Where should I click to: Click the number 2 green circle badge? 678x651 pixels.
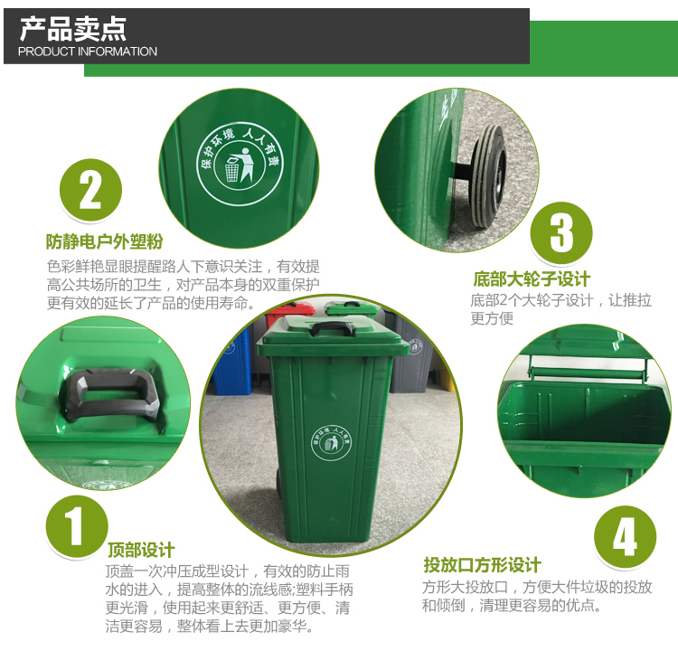click(90, 190)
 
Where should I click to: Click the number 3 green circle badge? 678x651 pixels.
click(561, 232)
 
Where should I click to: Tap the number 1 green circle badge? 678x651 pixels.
click(77, 526)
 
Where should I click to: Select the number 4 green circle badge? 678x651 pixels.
click(625, 537)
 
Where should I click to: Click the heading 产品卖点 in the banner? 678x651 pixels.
click(73, 29)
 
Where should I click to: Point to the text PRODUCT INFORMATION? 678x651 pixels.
click(88, 52)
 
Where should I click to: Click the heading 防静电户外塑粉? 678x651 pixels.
click(104, 241)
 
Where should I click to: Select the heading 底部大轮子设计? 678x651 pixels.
click(532, 279)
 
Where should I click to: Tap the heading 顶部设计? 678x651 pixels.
click(141, 551)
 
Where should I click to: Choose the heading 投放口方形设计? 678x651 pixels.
click(482, 565)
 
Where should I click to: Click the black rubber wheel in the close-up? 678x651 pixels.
click(487, 175)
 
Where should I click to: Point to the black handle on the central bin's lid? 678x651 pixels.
click(332, 328)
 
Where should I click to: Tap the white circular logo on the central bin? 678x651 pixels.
click(331, 443)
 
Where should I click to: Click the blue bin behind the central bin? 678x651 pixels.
click(233, 361)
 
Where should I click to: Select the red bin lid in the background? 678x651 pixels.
click(290, 308)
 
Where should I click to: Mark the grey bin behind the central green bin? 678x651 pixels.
click(410, 354)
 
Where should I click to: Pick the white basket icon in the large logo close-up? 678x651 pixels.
click(231, 170)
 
